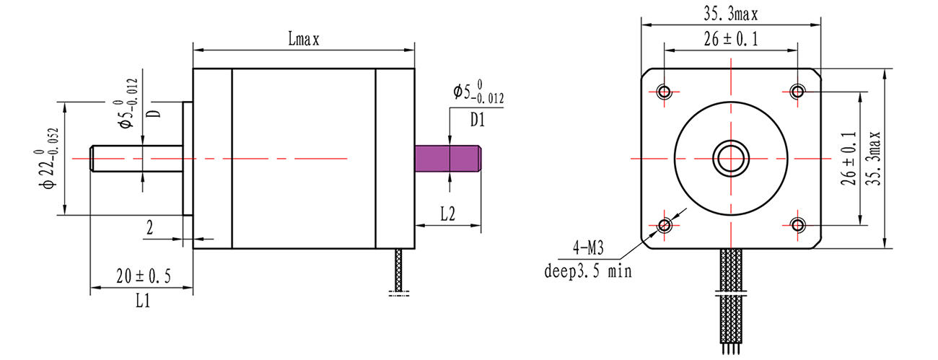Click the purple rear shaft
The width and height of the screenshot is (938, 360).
point(448,159)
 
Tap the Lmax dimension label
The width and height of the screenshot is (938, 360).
point(303,40)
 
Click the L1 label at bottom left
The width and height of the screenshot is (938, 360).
point(143,302)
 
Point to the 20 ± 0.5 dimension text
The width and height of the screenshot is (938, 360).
point(143,277)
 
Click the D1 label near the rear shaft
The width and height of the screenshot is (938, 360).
point(477,120)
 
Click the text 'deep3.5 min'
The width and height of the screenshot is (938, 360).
point(587,271)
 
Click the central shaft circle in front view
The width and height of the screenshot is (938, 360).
point(731,159)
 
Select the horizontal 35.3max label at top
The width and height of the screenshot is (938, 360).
point(730,13)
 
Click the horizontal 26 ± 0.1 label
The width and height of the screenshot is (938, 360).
point(730,40)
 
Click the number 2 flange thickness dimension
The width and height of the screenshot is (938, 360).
point(150,228)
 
